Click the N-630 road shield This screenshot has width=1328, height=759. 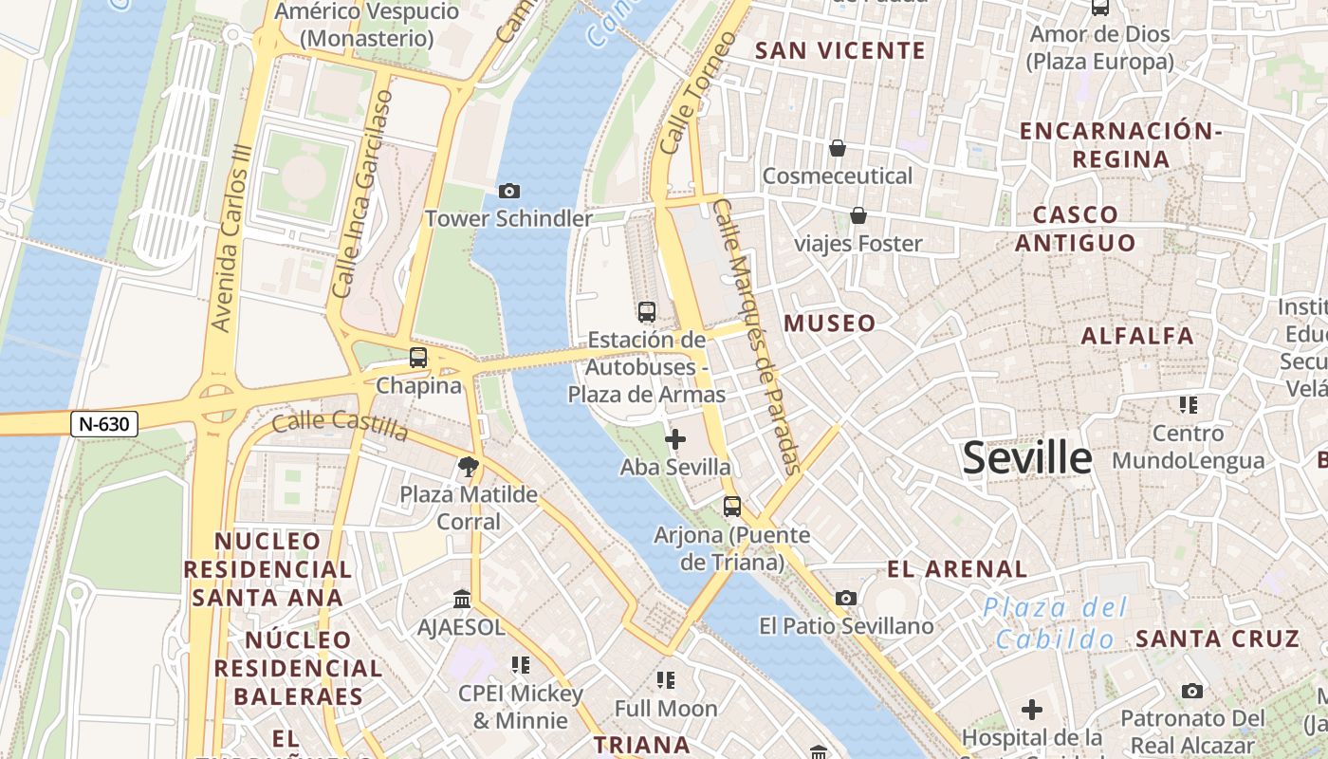pyautogui.click(x=104, y=424)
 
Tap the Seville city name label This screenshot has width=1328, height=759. pyautogui.click(x=1027, y=458)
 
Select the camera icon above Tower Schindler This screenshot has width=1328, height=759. pyautogui.click(x=509, y=192)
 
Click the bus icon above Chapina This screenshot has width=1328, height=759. pyautogui.click(x=418, y=358)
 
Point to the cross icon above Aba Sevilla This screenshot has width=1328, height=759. pyautogui.click(x=675, y=439)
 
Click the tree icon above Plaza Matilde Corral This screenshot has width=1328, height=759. pyautogui.click(x=468, y=466)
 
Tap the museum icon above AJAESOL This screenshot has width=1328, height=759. pyautogui.click(x=462, y=599)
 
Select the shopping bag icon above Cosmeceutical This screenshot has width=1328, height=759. pyautogui.click(x=838, y=148)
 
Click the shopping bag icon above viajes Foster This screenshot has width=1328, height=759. pyautogui.click(x=858, y=215)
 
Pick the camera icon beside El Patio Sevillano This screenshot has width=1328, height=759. pyautogui.click(x=846, y=598)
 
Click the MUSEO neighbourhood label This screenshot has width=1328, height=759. pyautogui.click(x=830, y=324)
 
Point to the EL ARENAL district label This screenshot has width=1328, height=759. pyautogui.click(x=957, y=569)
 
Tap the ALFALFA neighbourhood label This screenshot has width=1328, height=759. pyautogui.click(x=1137, y=336)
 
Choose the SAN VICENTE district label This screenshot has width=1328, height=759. pyautogui.click(x=840, y=51)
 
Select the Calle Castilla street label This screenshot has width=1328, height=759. pyautogui.click(x=340, y=426)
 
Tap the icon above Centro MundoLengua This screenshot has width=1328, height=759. pyautogui.click(x=1189, y=405)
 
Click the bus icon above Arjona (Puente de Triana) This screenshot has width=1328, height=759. pyautogui.click(x=731, y=506)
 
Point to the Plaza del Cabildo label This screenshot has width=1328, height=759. pyautogui.click(x=1054, y=622)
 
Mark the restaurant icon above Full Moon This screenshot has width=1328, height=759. pyautogui.click(x=666, y=679)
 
